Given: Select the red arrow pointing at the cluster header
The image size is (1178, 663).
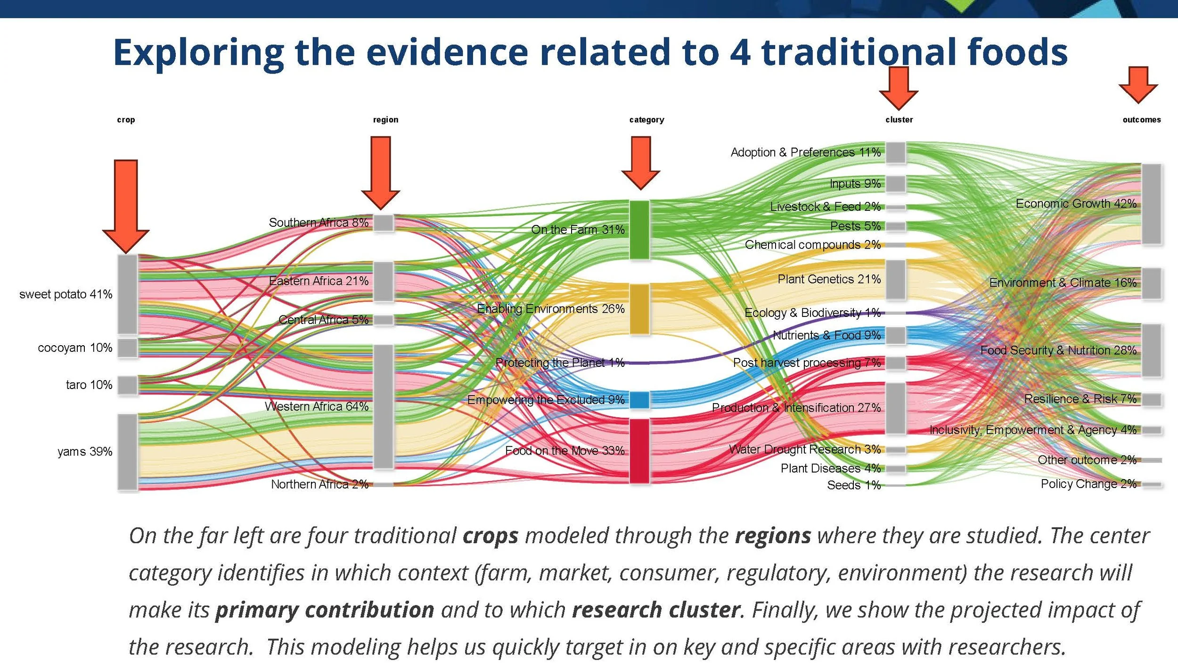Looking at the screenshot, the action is (898, 88).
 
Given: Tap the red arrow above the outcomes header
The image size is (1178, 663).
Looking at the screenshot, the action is (1138, 85).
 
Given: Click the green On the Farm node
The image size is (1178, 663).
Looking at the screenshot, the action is (639, 230).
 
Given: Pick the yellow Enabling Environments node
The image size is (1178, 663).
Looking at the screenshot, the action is (639, 309).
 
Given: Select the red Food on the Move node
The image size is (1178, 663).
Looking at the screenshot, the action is (639, 451).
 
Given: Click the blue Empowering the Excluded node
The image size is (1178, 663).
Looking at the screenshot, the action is (639, 400).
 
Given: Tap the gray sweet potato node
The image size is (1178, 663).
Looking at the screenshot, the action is (127, 294).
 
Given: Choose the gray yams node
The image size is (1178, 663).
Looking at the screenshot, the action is (127, 452).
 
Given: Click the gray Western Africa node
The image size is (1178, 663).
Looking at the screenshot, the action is (384, 406).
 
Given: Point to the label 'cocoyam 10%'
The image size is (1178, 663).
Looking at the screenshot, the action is (75, 348).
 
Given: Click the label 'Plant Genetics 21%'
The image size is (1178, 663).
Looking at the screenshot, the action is (829, 279).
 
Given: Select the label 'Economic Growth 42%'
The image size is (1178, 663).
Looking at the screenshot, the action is (1076, 204).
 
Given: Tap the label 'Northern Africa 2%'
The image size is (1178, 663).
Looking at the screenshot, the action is (319, 484).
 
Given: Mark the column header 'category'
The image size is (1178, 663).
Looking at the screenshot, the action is (646, 120).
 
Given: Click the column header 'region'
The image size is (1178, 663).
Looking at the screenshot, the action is (385, 120).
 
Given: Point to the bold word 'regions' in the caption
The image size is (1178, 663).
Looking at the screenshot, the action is (773, 536).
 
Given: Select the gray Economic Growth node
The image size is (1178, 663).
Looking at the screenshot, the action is (1152, 204).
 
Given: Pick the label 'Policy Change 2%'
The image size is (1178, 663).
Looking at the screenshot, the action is (1088, 484).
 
